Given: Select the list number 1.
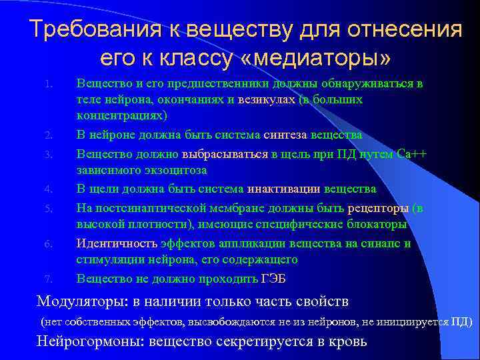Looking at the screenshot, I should (48, 85).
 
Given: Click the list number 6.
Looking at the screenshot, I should (48, 244).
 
